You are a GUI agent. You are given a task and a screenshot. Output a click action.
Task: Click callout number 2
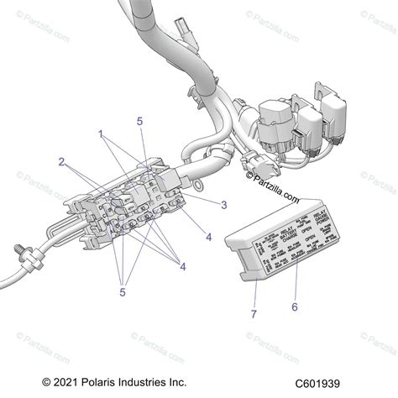coord(61,161)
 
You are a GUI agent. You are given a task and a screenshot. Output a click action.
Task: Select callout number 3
coord(223,204)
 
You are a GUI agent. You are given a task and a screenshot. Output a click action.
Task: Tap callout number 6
coord(295,306)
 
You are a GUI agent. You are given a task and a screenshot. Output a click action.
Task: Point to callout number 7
coord(253,315)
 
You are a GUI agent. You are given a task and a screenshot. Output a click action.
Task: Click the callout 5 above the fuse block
coord(140,121)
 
